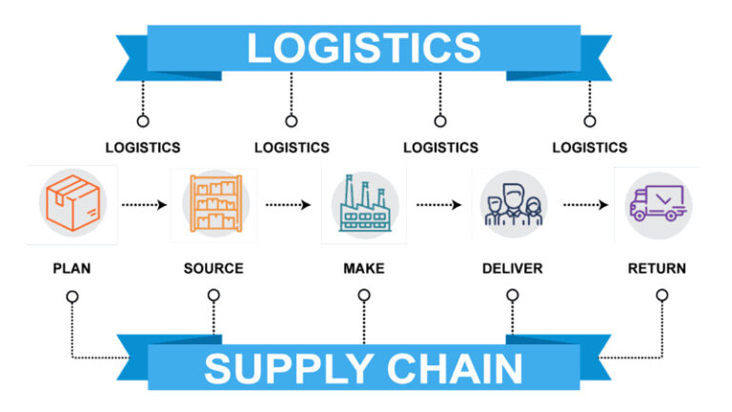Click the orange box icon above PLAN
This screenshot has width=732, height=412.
(72, 203)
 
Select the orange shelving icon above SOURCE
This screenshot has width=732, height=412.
(215, 203)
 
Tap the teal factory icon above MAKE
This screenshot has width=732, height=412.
(365, 204)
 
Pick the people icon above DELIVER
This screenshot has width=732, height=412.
(513, 204)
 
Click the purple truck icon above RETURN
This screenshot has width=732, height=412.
(658, 203)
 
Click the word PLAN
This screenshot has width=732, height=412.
(71, 269)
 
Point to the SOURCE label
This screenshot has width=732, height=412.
(213, 269)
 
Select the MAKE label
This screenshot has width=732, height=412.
(364, 269)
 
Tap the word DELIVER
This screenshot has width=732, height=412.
(513, 269)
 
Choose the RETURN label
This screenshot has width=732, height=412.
(657, 269)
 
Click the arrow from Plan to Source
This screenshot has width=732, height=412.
(144, 205)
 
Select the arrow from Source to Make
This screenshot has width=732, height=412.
(288, 205)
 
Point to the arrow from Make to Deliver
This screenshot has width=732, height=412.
(438, 205)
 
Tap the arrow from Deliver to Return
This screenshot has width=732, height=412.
(586, 205)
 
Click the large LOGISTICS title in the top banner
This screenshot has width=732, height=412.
(364, 48)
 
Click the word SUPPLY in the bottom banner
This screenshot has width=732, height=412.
(288, 369)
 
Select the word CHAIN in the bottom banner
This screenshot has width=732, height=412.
(455, 369)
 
